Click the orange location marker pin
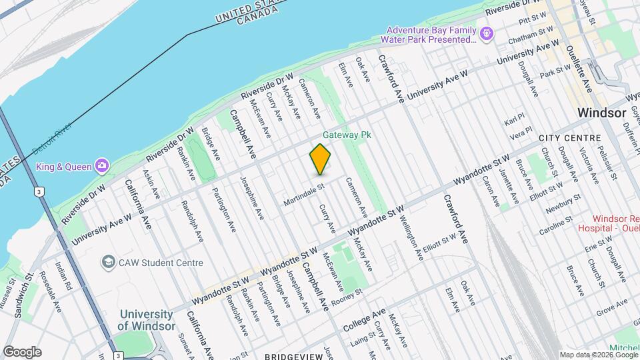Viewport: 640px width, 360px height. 321,159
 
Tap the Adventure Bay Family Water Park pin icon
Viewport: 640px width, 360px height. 487,33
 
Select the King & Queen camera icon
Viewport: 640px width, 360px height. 101,165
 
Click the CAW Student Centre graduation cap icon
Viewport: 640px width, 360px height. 107,263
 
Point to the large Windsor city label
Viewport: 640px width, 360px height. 602,113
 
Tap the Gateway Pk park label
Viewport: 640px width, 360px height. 347,135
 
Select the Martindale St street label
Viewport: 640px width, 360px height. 303,194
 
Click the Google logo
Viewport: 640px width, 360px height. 21,352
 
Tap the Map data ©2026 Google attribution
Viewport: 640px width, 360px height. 598,355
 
